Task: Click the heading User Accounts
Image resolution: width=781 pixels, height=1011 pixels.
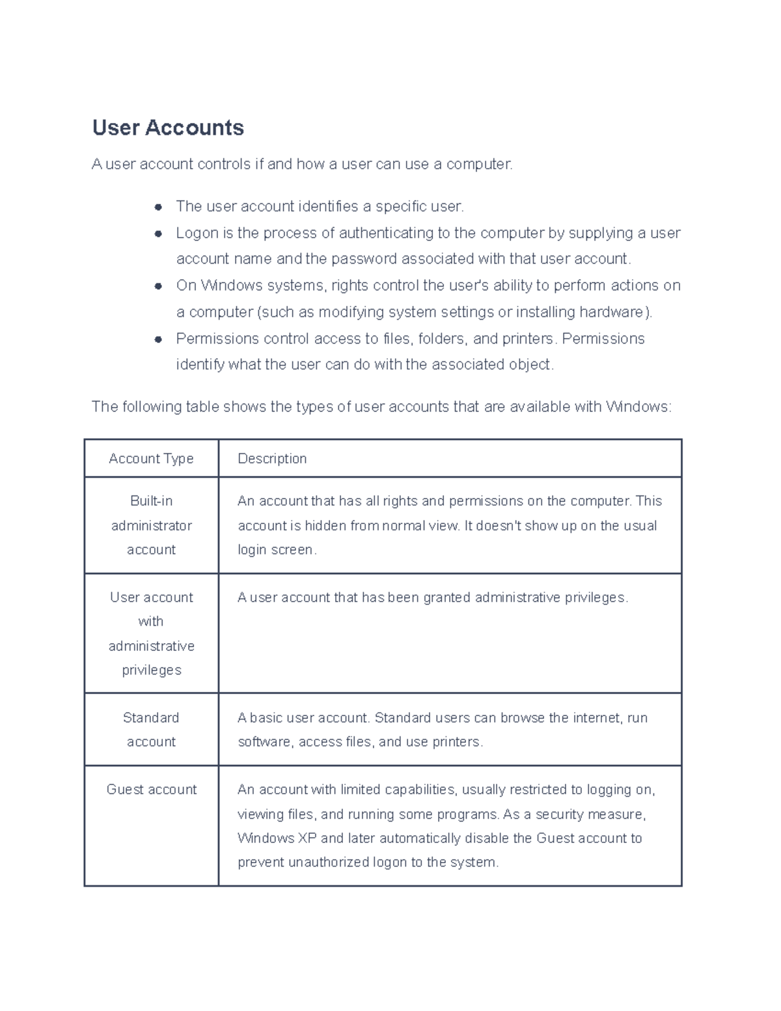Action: [x=168, y=128]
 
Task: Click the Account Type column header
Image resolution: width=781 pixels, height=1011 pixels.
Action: [x=151, y=459]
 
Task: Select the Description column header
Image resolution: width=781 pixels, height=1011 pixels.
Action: [x=272, y=459]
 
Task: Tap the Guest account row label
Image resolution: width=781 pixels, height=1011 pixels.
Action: [x=151, y=790]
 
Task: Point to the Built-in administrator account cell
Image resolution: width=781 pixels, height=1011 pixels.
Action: [x=151, y=525]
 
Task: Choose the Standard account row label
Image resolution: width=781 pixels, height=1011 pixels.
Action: [x=151, y=730]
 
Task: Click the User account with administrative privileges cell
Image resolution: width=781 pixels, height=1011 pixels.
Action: [x=151, y=633]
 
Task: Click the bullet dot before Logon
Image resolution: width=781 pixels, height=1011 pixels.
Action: [x=158, y=233]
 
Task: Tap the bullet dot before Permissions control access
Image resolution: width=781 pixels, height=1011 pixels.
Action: [x=158, y=339]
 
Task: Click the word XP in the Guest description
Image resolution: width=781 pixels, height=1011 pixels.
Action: [x=307, y=838]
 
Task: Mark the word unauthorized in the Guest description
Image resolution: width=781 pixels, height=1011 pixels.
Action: [x=328, y=863]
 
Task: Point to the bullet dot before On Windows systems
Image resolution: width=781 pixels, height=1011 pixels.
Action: [x=158, y=286]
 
